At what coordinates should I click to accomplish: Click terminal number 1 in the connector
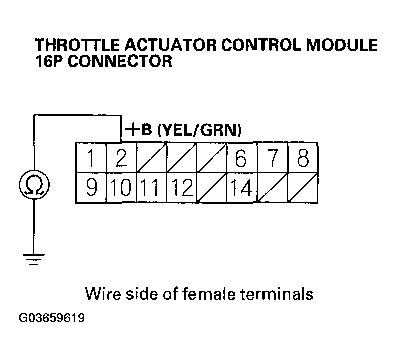click(x=91, y=159)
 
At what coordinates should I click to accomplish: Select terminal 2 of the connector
click(x=121, y=159)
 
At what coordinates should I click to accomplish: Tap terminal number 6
click(x=241, y=159)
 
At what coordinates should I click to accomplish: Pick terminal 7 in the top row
click(x=272, y=159)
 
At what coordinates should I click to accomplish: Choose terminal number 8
click(x=303, y=159)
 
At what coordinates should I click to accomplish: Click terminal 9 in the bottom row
click(x=91, y=188)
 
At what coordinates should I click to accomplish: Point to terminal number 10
click(x=121, y=188)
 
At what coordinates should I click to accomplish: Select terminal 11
click(x=151, y=188)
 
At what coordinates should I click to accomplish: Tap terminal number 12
click(x=181, y=188)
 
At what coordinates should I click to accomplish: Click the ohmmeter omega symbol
click(x=33, y=185)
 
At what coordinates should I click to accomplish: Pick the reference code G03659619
click(x=52, y=318)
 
